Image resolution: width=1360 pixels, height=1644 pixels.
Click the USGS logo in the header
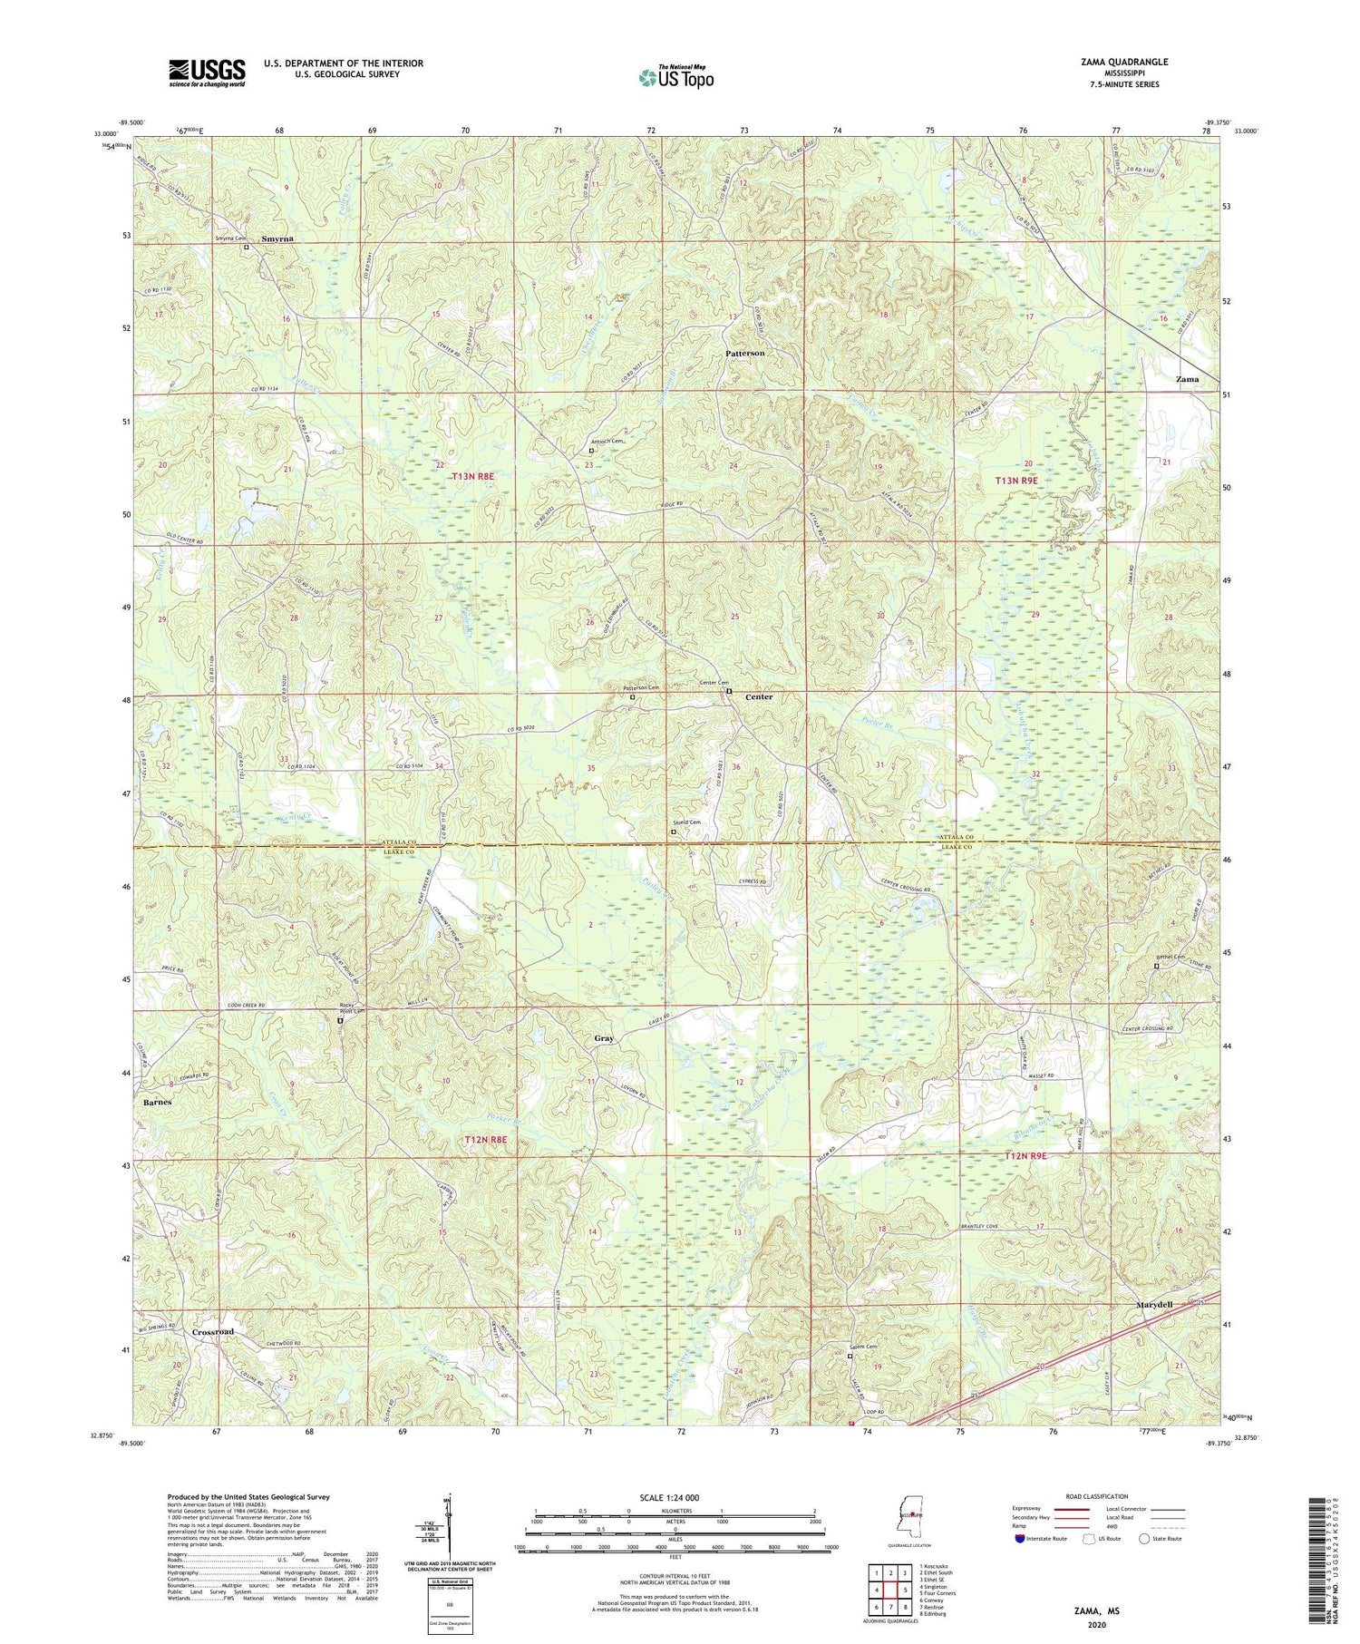206,73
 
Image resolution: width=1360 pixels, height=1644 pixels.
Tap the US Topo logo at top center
675,78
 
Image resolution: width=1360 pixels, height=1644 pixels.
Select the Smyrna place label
278,238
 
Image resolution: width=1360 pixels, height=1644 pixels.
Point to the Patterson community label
744,353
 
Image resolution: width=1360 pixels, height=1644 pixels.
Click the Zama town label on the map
1187,379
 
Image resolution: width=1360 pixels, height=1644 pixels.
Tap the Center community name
759,697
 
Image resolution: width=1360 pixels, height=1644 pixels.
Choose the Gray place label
604,1038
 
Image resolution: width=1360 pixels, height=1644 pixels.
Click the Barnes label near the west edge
156,1102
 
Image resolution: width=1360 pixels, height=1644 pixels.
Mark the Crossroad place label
213,1331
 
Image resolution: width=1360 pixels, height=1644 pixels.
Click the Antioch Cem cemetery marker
591,450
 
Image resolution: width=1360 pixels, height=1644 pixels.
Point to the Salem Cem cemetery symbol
850,1357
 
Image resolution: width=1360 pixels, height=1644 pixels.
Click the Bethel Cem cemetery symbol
1155,966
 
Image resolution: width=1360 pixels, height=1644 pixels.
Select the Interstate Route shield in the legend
1020,1538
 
